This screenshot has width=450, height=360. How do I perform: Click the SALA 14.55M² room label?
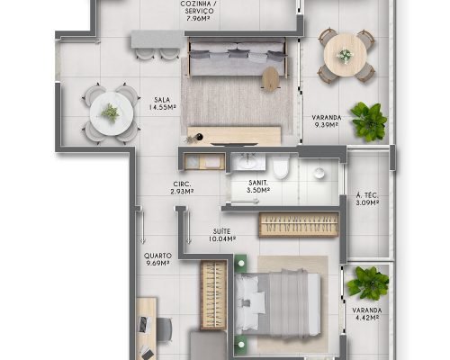[162, 103]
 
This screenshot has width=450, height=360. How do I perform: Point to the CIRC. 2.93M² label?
[182, 188]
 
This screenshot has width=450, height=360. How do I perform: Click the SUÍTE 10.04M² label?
[221, 235]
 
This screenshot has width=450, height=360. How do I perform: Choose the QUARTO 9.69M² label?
[157, 259]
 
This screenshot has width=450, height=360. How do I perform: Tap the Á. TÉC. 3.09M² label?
[367, 199]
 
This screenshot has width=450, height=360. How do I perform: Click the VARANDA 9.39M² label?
[327, 121]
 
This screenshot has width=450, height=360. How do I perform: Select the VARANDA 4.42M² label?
[366, 314]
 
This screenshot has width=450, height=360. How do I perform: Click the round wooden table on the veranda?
[346, 55]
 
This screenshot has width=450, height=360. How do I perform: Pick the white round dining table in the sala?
[112, 113]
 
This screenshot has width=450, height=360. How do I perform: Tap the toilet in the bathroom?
[281, 167]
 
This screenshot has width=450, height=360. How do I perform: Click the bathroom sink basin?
[248, 162]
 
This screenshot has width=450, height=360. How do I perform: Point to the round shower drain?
[319, 173]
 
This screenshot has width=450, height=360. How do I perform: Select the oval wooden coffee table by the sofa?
[270, 78]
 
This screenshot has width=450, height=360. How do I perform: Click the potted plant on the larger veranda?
[369, 121]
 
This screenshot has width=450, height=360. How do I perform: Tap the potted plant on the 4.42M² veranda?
[368, 283]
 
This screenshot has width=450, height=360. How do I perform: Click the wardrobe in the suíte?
[299, 225]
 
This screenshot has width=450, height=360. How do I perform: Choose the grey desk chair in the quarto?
[164, 329]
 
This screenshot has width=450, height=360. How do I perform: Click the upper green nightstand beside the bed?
[240, 263]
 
